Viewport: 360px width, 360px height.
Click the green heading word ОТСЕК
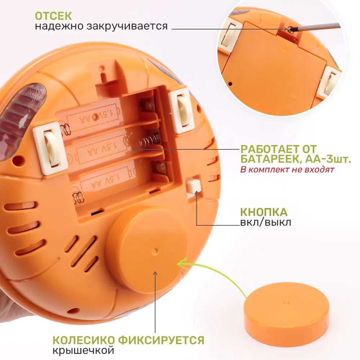click(53, 16)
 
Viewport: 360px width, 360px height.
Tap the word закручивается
click(127, 26)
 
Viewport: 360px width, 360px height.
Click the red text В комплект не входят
click(287, 170)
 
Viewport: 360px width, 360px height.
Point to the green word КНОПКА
click(264, 212)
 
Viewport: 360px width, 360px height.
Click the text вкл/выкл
click(266, 222)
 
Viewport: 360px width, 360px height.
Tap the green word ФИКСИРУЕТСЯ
click(161, 340)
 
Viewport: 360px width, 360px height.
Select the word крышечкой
click(84, 351)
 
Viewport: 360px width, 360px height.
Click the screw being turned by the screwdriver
click(291, 30)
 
